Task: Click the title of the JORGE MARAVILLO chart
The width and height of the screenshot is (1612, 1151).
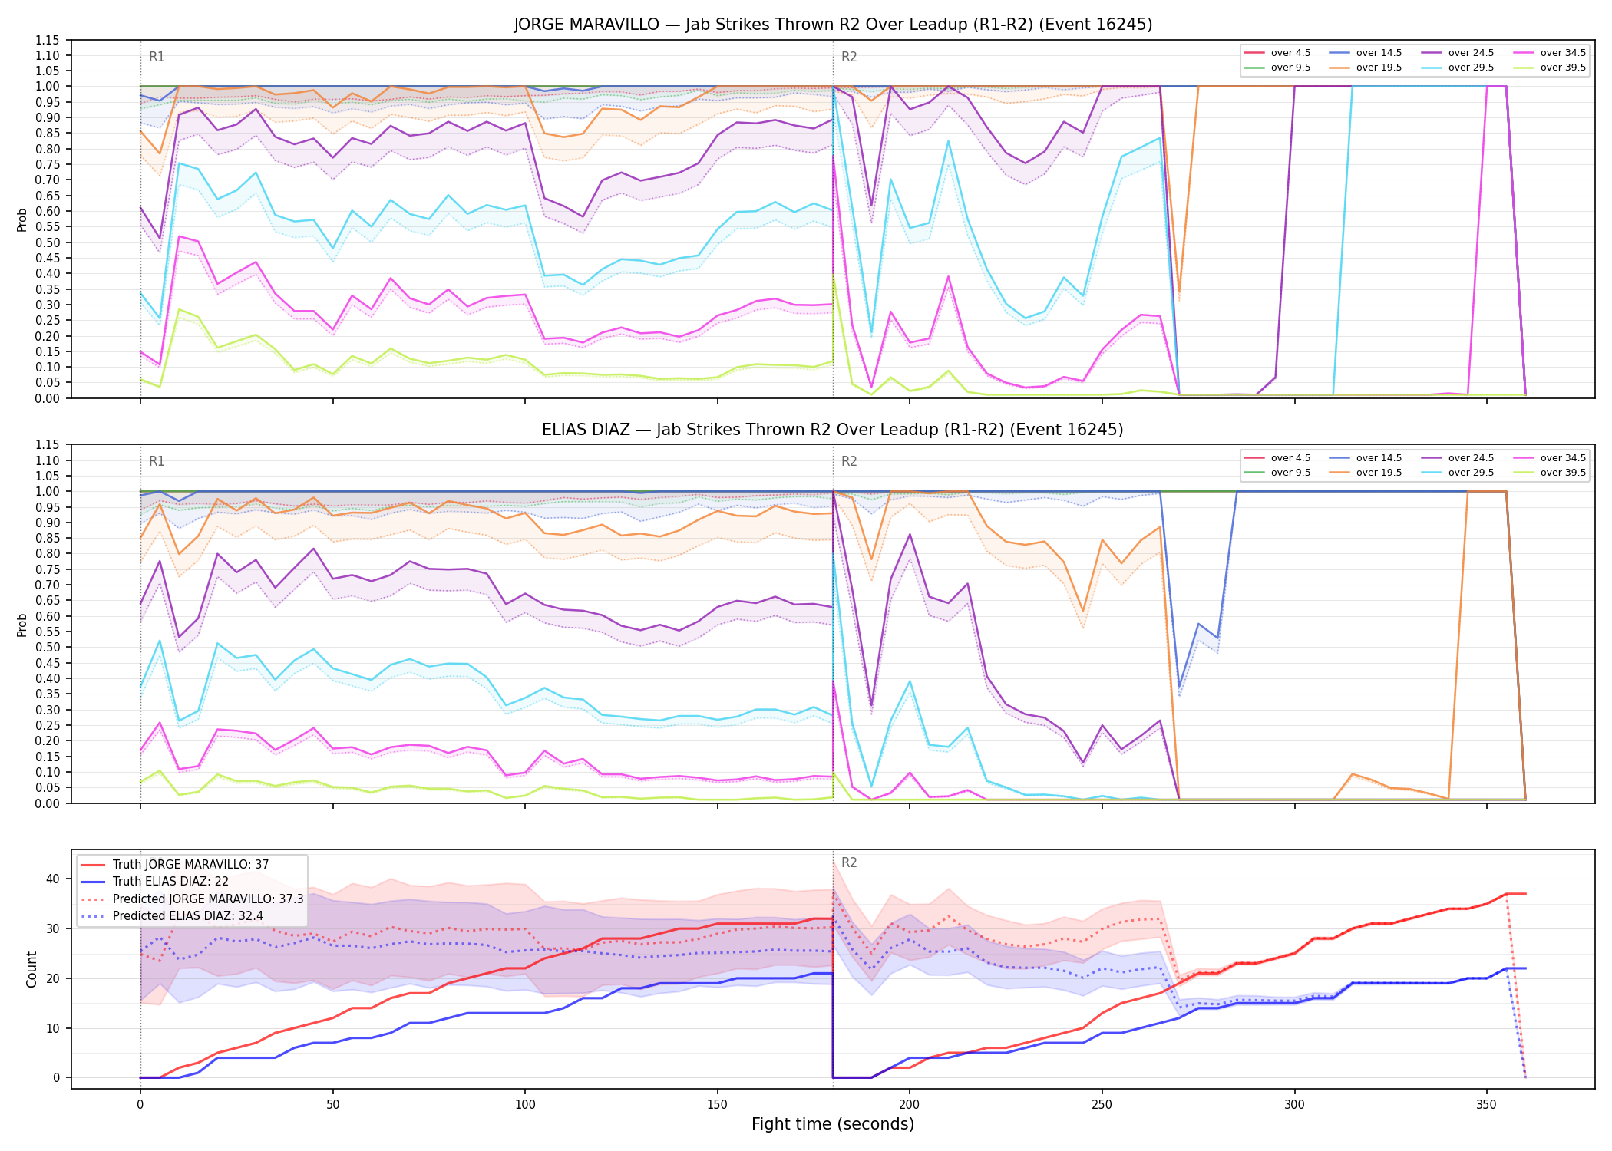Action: pos(833,25)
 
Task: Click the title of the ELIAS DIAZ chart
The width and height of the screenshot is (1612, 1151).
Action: pos(833,430)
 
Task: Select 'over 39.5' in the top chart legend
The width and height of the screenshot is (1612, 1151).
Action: pos(1563,68)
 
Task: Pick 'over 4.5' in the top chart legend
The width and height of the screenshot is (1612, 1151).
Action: pos(1290,53)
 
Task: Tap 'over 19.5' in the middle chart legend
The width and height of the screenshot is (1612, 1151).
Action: pos(1379,473)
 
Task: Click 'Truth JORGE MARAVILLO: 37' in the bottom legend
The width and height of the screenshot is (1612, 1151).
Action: pos(190,865)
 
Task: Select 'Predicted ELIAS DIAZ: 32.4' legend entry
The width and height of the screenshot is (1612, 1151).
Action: pos(188,916)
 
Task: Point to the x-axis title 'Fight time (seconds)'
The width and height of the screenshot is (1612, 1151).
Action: pos(833,1124)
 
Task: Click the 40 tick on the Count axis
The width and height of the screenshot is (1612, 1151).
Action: pos(53,879)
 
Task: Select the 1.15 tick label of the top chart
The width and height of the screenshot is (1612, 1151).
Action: pos(47,40)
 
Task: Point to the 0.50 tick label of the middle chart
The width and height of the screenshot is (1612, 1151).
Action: pos(47,647)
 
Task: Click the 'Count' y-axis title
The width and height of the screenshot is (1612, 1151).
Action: pos(31,969)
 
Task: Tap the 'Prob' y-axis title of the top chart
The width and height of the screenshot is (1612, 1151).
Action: pos(22,220)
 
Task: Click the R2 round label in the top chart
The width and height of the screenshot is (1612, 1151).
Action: pos(849,57)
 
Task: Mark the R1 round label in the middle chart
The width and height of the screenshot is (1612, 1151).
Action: pos(157,462)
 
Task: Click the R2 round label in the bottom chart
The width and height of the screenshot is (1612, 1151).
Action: pos(849,862)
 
